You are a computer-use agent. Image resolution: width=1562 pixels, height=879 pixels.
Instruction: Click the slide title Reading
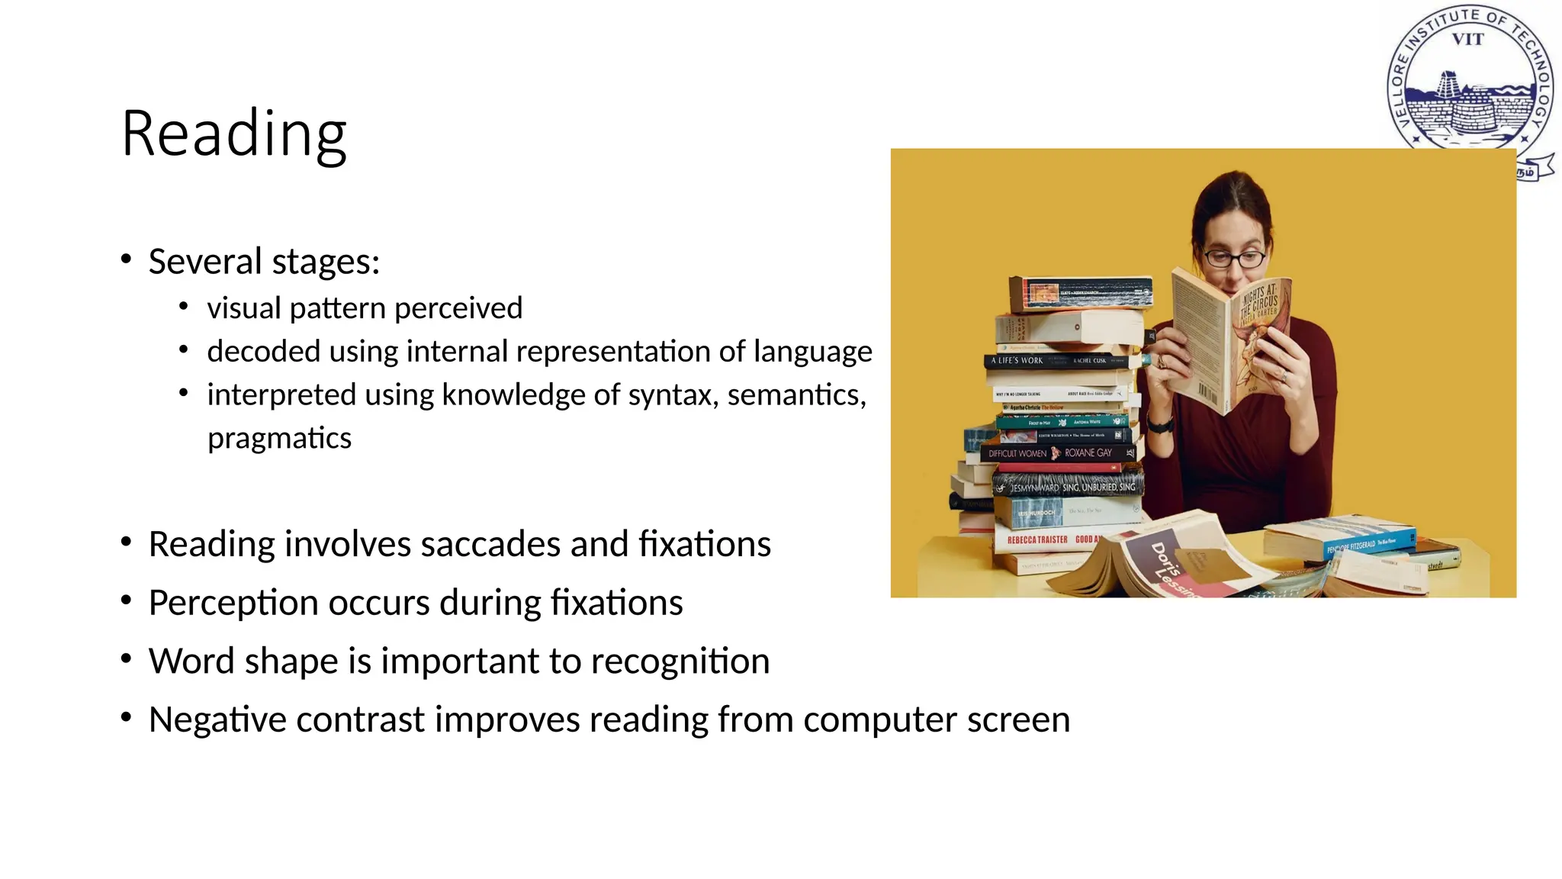(234, 134)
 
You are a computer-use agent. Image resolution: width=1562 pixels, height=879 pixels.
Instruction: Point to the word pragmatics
(279, 439)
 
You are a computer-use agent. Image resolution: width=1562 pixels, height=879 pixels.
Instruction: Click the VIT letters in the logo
(1467, 40)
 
